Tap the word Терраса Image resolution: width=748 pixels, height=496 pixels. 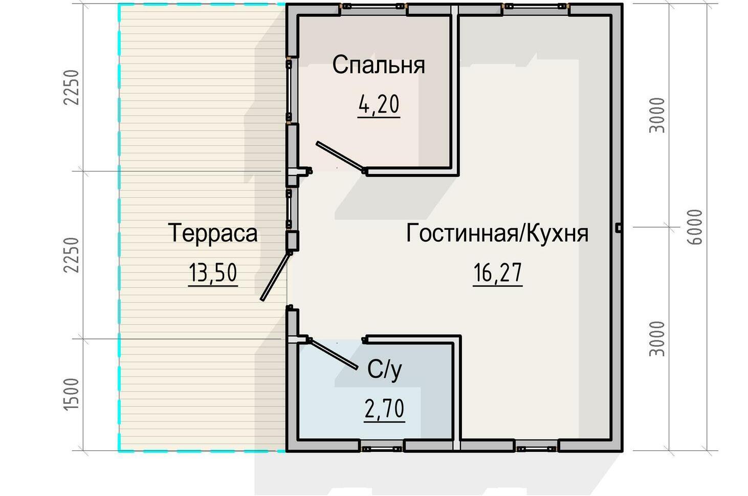213,233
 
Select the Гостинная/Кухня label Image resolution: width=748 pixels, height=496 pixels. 497,233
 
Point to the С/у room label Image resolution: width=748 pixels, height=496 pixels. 384,370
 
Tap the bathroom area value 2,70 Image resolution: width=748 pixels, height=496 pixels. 384,409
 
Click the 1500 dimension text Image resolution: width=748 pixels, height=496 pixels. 71,395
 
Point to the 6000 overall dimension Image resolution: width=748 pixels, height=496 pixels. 695,227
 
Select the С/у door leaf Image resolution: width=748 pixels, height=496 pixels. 333,354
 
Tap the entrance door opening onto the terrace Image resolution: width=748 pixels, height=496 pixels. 275,276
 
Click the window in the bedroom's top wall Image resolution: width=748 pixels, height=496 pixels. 373,6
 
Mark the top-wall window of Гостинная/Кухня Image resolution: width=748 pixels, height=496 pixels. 536,6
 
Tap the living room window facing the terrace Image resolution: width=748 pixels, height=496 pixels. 289,209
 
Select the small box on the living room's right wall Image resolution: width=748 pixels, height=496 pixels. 619,228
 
